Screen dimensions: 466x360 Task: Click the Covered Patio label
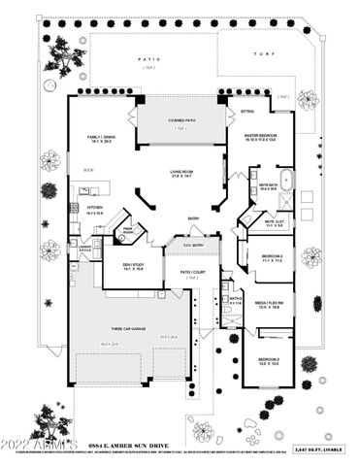pyautogui.click(x=182, y=120)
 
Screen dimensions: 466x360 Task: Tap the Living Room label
pyautogui.click(x=182, y=171)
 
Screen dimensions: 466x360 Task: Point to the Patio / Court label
pyautogui.click(x=192, y=273)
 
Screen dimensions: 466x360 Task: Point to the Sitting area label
pyautogui.click(x=246, y=112)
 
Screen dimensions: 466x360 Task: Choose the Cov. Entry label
pyautogui.click(x=192, y=245)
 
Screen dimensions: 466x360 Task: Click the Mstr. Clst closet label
pyautogui.click(x=275, y=222)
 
